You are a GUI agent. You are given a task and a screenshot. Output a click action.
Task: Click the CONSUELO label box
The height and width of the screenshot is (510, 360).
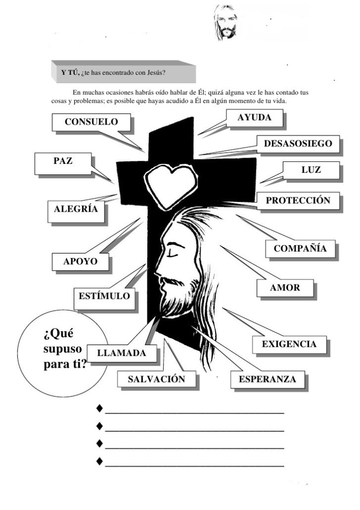[91, 122]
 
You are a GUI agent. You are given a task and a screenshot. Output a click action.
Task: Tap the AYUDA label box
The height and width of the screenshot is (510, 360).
[254, 118]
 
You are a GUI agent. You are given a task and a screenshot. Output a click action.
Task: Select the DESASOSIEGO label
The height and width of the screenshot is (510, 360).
[298, 144]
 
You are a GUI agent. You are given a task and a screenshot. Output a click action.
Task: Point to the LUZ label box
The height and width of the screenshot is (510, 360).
[311, 170]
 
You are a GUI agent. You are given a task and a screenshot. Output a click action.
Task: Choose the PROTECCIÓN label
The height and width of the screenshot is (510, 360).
[298, 201]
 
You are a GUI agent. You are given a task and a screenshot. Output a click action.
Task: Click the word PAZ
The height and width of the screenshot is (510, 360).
[63, 161]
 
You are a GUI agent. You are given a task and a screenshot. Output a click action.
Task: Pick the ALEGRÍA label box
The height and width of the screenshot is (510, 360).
[76, 210]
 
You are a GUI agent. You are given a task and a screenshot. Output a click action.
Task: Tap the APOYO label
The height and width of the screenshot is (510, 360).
[80, 261]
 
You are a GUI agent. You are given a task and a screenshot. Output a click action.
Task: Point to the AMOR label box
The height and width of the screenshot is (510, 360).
[285, 288]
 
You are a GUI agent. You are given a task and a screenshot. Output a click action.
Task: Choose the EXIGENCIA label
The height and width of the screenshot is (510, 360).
[289, 344]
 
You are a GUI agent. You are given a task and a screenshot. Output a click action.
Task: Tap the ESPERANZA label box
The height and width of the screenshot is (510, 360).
[267, 380]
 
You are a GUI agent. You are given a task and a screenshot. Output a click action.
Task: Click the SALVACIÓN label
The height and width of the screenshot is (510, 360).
[156, 379]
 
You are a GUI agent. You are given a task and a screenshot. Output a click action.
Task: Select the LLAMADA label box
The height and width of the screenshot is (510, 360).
[121, 354]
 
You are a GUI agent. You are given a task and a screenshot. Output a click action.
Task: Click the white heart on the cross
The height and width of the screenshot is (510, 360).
[169, 183]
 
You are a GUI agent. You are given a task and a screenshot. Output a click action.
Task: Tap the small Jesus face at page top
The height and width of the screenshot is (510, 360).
[225, 22]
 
